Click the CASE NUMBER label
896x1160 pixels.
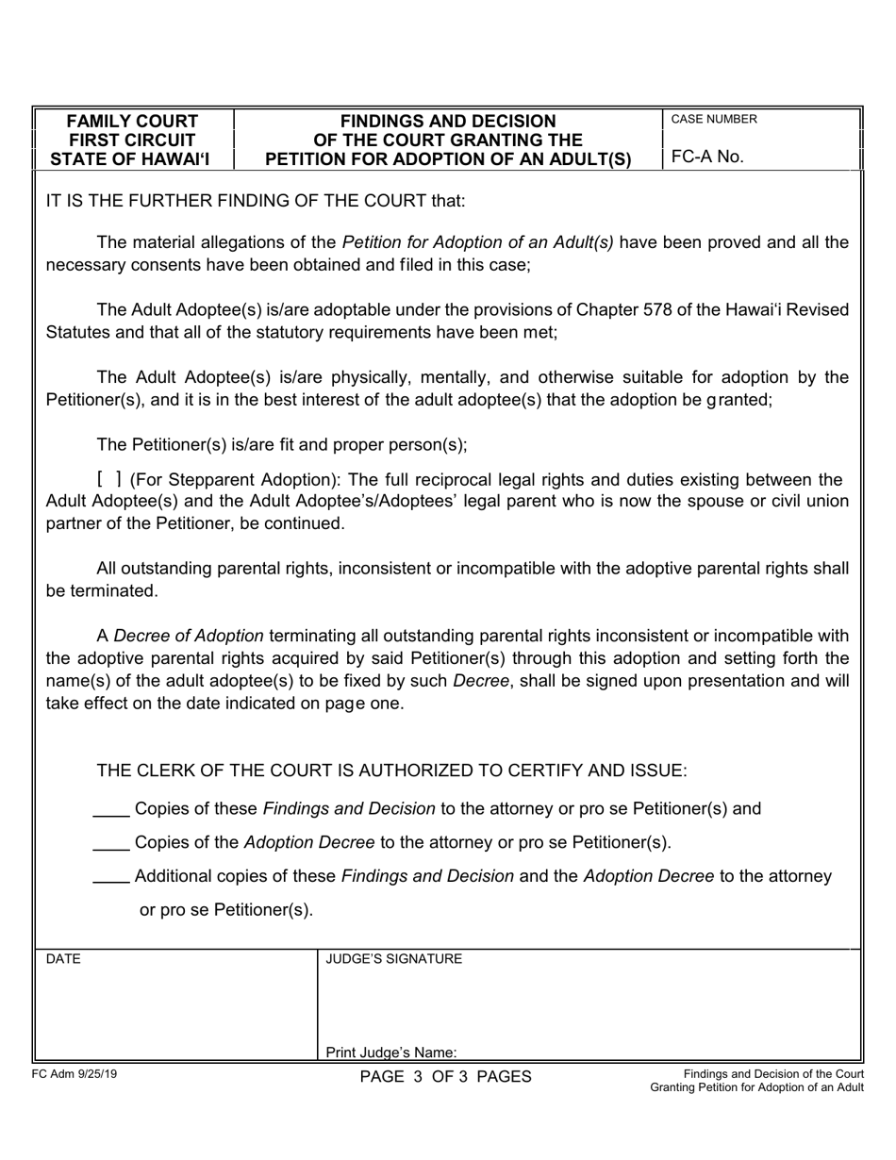point(713,120)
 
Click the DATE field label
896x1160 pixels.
point(63,959)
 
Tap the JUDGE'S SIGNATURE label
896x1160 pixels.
point(393,959)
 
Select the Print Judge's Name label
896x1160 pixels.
point(391,1052)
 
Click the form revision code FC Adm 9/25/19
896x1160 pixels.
point(75,1074)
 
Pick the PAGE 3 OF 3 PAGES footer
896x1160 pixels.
point(445,1077)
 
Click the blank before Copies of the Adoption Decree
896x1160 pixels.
point(111,843)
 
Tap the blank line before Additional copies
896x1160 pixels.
point(111,877)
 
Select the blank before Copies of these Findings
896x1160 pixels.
point(111,809)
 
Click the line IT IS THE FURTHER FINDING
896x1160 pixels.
point(256,201)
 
